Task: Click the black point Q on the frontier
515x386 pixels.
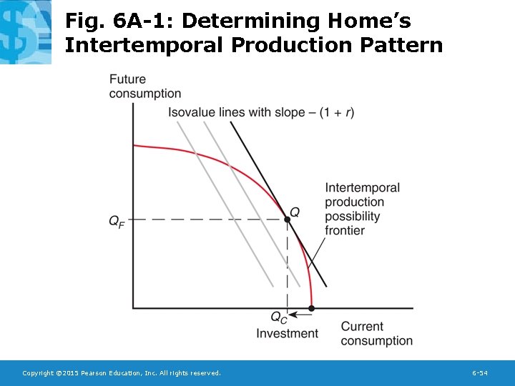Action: click(x=288, y=219)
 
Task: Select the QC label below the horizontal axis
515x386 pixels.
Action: click(x=279, y=317)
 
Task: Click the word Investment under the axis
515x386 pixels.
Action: click(x=287, y=333)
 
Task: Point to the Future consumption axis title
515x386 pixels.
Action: click(x=144, y=86)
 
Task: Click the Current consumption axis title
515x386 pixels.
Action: click(x=376, y=334)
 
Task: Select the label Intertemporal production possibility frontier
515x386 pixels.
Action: click(x=363, y=209)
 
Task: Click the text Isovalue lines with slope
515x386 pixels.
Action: click(x=230, y=112)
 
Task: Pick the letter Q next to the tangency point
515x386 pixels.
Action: click(x=294, y=212)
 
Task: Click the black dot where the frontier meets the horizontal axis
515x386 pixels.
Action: click(x=311, y=309)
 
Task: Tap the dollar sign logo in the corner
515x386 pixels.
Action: click(x=26, y=32)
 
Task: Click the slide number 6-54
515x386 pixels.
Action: click(x=480, y=373)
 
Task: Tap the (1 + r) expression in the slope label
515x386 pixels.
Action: click(x=336, y=112)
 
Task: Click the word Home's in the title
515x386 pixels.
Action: click(x=373, y=21)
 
